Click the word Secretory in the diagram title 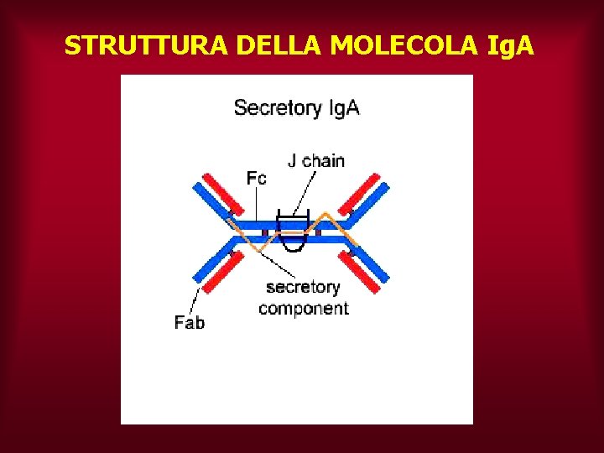(x=277, y=108)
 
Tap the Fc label (x=256, y=178)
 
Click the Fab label (x=190, y=322)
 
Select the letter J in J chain (x=293, y=160)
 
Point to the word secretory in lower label (x=303, y=287)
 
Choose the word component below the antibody (x=304, y=309)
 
